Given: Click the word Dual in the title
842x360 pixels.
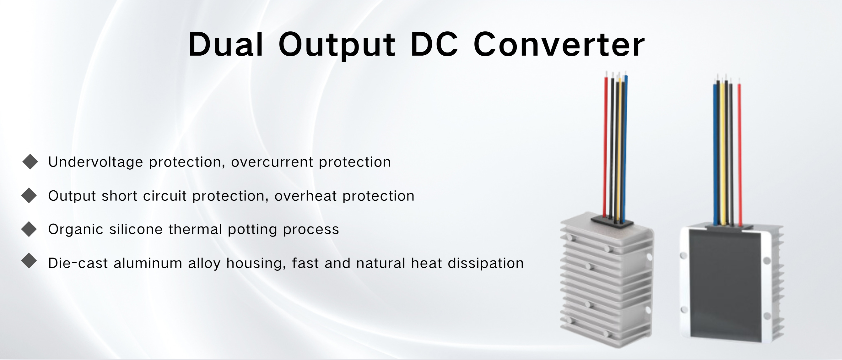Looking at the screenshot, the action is pos(226,45).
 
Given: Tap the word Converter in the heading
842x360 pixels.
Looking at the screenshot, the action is pos(559,45).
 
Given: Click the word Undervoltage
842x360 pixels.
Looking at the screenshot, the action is pos(96,162).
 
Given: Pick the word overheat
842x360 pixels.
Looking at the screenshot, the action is pos(305,196).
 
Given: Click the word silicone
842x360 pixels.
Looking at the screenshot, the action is pos(136,229).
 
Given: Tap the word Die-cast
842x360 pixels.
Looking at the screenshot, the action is pos(78,263).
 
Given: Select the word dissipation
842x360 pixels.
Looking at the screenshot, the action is pos(485,263).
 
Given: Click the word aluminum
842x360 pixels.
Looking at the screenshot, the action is pos(148,263).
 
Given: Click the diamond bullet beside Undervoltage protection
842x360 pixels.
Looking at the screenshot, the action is pos(30,161).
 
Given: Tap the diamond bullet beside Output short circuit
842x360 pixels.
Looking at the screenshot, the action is pos(29,195).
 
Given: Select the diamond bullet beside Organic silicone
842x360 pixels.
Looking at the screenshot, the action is pos(29,229).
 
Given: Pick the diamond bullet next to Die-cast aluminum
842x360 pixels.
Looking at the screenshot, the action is pos(29,261).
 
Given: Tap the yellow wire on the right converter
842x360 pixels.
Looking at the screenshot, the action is pos(723,154).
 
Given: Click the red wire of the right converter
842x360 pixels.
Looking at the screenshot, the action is pos(739,154).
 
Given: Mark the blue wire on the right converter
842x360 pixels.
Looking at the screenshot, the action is pos(715,154).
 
